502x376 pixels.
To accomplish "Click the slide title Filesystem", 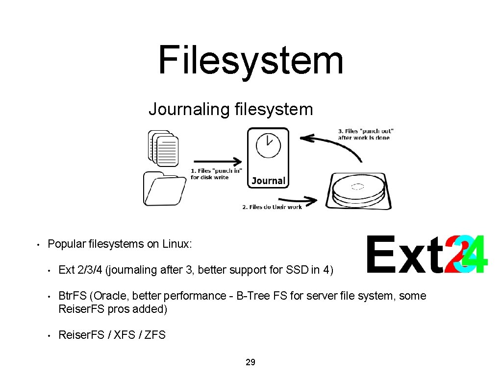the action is [251, 60].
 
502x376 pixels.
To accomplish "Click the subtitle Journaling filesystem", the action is [230, 109].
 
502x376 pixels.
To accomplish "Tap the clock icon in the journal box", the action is [268, 145].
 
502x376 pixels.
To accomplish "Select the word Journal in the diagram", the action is [268, 181].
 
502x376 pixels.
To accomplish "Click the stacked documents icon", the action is [163, 148].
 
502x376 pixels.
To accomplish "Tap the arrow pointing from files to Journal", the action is [217, 161].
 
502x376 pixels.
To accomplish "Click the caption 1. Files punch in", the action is [216, 174].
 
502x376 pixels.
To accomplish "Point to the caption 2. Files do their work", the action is [272, 207].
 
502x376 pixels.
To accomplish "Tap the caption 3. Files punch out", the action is [366, 134].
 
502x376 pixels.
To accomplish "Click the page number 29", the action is [251, 363].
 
